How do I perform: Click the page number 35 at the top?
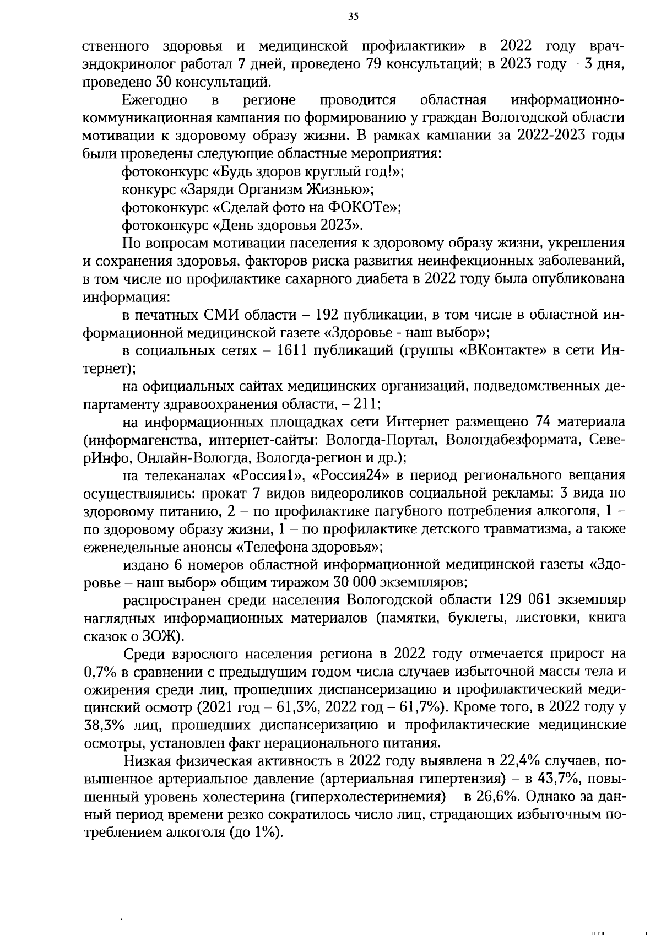353,17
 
